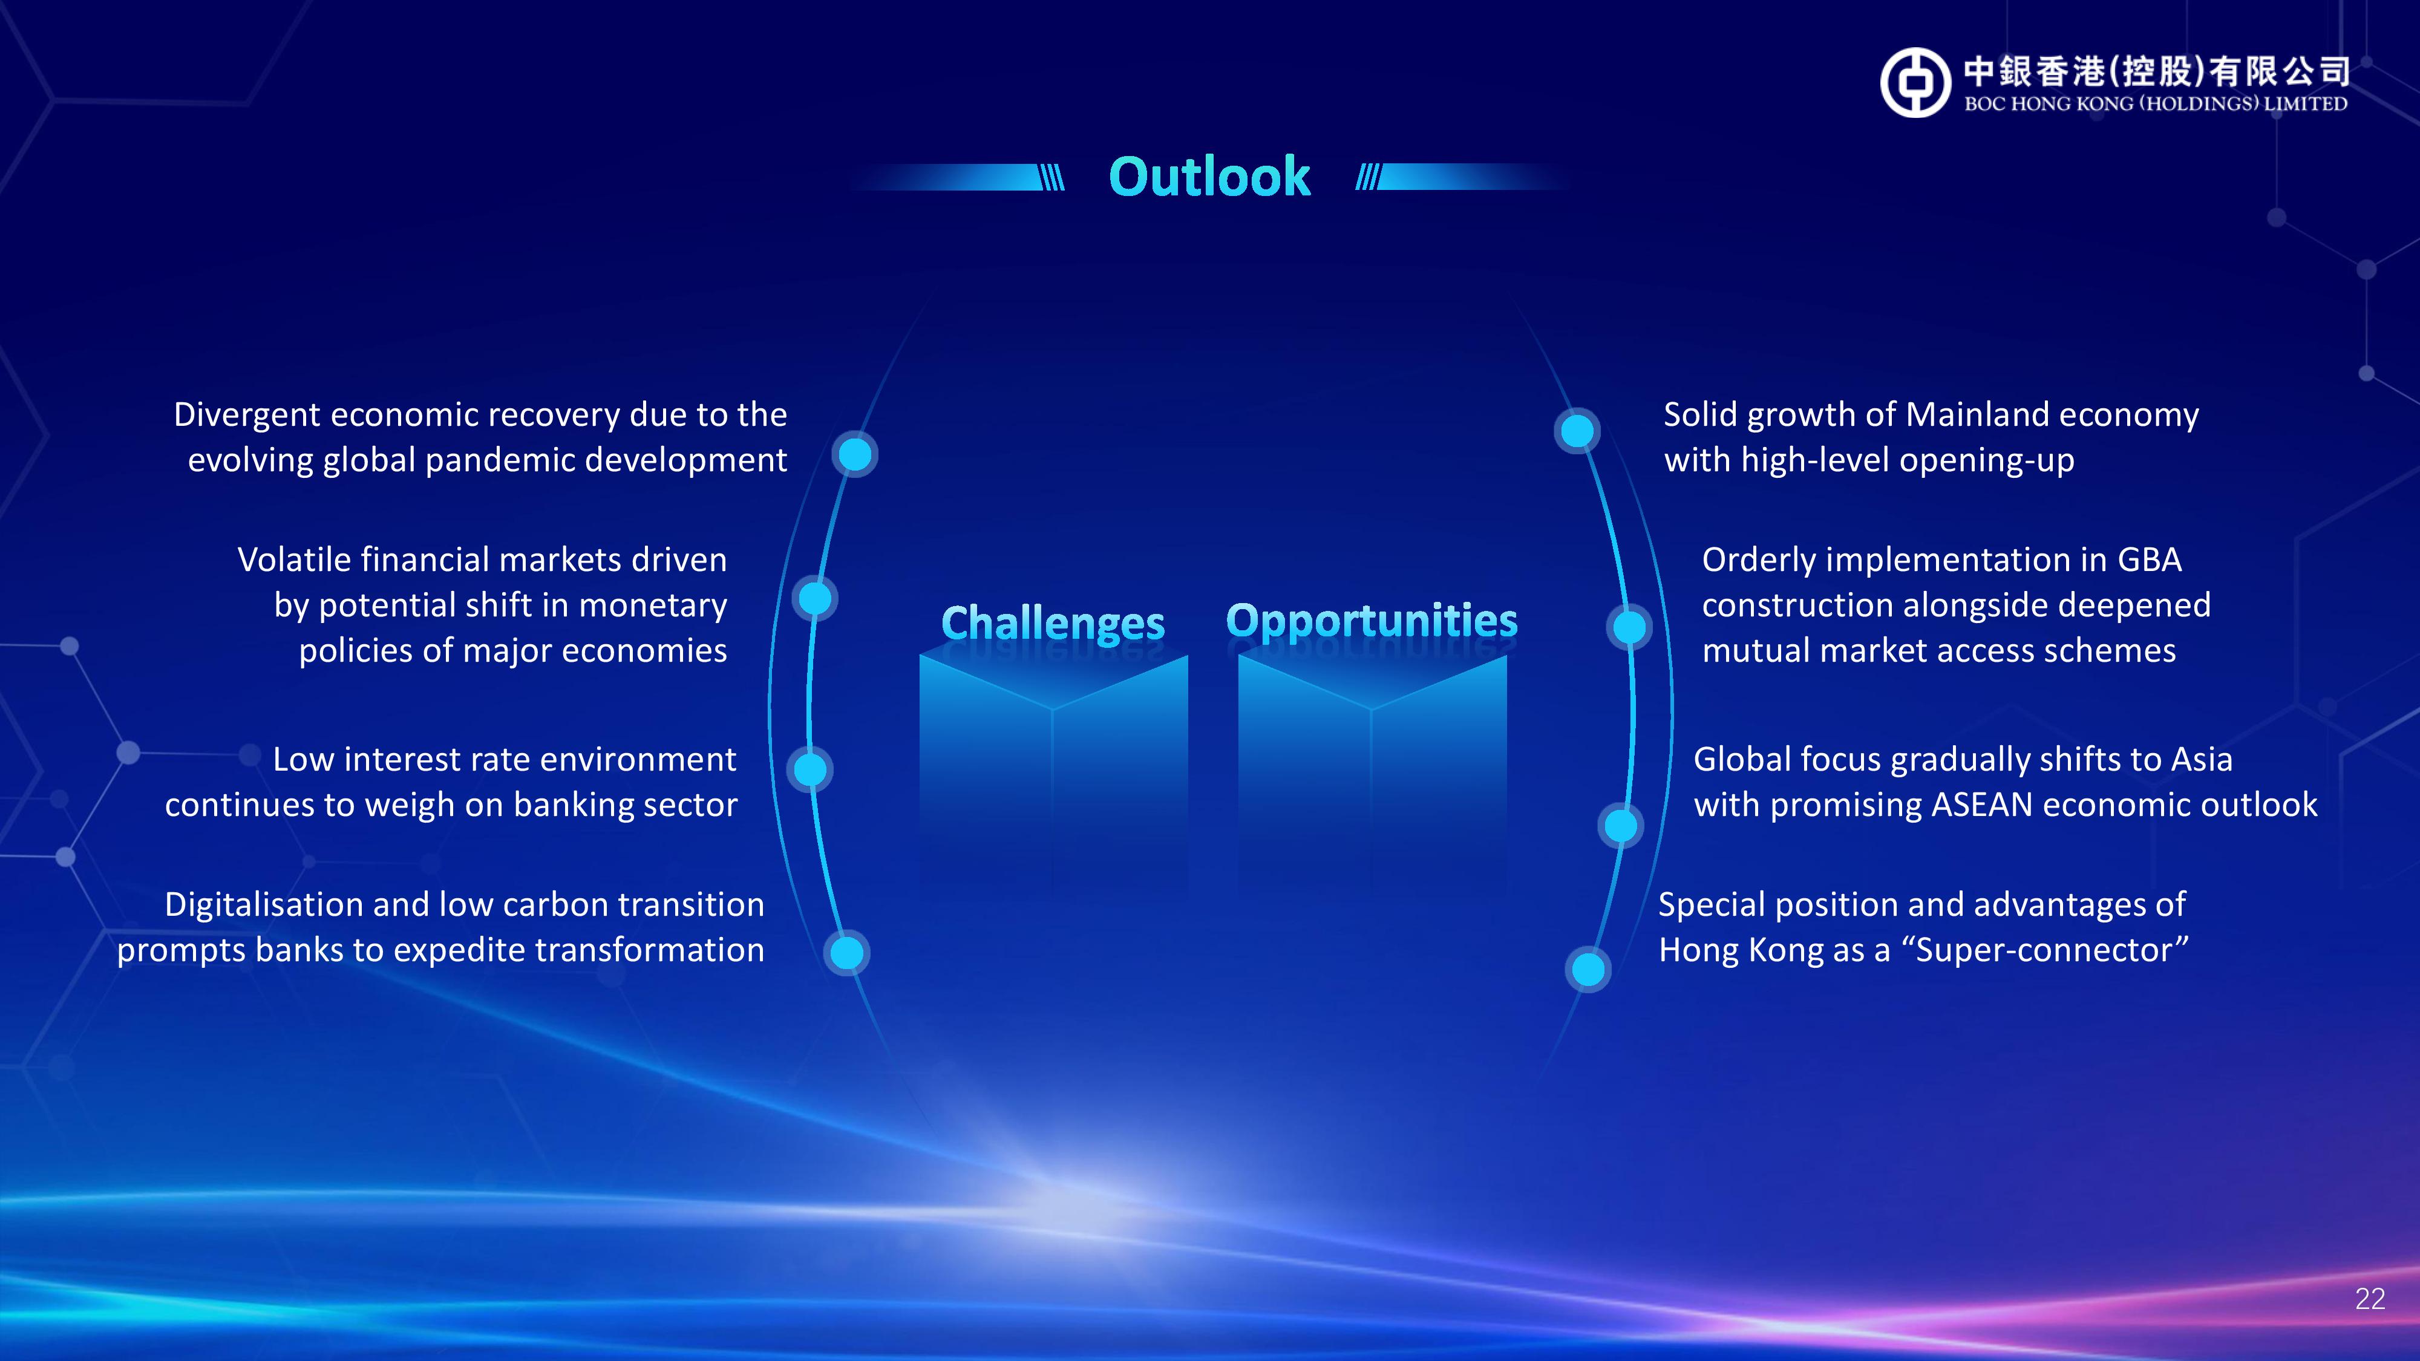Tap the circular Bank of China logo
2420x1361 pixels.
[x=1915, y=83]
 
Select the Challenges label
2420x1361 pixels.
[x=1053, y=623]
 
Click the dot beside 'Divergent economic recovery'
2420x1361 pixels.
[x=855, y=455]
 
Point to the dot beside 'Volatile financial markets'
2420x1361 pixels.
[x=814, y=598]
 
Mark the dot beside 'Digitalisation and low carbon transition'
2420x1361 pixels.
[x=846, y=953]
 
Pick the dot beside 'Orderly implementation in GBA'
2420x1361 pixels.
[x=1630, y=627]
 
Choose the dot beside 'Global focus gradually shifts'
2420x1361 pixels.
[x=1621, y=826]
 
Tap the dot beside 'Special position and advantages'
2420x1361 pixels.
[x=1588, y=968]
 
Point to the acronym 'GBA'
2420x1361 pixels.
[x=2150, y=560]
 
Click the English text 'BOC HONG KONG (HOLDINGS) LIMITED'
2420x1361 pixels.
[x=2156, y=103]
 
